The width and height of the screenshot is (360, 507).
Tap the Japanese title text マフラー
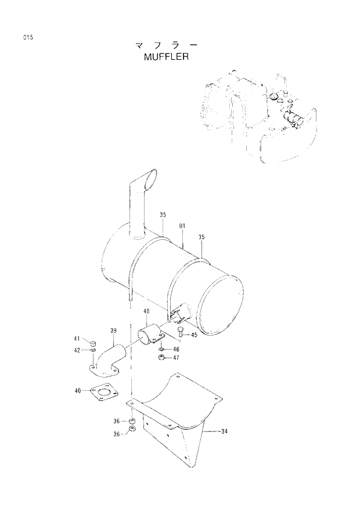[165, 45]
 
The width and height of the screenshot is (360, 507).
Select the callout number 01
[182, 225]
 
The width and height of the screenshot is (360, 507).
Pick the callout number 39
[113, 330]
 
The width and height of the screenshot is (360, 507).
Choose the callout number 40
[77, 391]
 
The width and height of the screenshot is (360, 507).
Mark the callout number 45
[194, 335]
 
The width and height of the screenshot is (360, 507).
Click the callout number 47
[175, 358]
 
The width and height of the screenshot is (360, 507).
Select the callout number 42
[77, 350]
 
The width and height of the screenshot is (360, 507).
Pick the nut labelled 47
[161, 358]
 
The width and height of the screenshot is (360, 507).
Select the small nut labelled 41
[93, 340]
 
